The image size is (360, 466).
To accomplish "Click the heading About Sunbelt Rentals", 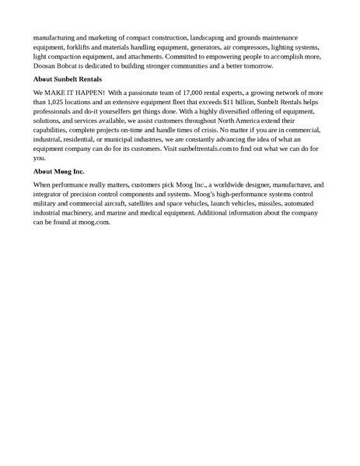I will pyautogui.click(x=68, y=79).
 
